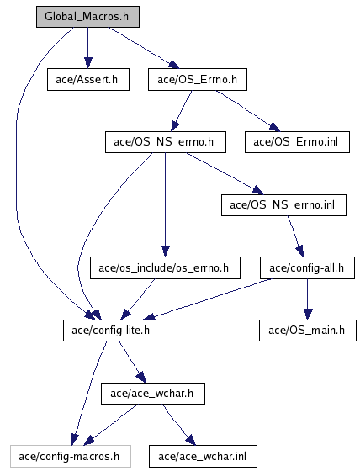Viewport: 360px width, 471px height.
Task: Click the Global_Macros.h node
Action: [x=87, y=17]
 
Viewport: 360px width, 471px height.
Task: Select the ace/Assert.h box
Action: [x=88, y=79]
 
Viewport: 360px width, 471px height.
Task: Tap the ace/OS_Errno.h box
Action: [x=198, y=79]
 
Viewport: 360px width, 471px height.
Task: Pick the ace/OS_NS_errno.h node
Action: [x=165, y=142]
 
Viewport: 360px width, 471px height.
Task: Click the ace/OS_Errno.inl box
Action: [x=297, y=142]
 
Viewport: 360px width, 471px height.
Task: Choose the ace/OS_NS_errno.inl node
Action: [x=283, y=205]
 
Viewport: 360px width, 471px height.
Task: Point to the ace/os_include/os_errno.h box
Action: [x=165, y=267]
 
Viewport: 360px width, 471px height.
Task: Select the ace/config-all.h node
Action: [x=307, y=267]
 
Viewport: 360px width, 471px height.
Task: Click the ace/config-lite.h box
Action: [x=112, y=330]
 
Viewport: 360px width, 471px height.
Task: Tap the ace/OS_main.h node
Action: [x=308, y=330]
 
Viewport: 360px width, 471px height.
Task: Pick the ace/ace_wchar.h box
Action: [x=153, y=394]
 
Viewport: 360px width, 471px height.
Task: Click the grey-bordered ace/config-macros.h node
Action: [x=71, y=456]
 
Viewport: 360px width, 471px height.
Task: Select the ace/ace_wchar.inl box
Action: [x=203, y=456]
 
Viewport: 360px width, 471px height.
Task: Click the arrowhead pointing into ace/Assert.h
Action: [x=87, y=63]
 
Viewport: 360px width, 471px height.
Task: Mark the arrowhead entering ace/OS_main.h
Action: [x=307, y=315]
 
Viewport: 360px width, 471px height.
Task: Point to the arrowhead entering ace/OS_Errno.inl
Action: [x=275, y=127]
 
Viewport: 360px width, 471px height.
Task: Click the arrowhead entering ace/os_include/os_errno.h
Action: [x=165, y=251]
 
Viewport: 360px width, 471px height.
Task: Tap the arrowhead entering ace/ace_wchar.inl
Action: [x=191, y=440]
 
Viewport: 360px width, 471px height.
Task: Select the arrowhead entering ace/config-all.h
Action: [x=300, y=251]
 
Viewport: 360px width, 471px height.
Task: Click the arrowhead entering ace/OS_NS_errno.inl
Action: [x=258, y=190]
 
